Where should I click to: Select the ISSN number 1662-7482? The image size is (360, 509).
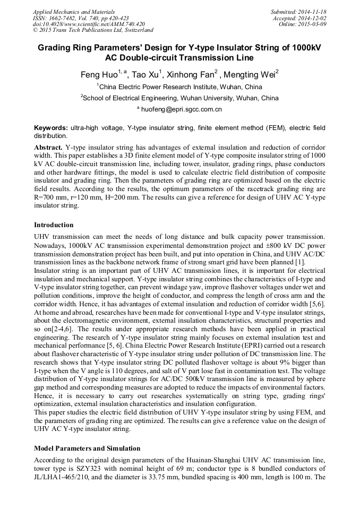point(65,18)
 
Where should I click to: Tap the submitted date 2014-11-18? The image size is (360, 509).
point(312,12)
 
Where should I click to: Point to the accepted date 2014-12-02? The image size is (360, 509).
point(313,18)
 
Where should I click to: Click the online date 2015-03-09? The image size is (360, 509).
point(313,24)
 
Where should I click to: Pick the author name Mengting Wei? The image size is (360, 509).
point(254,75)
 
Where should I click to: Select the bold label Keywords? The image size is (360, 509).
point(51,128)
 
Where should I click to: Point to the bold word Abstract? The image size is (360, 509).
point(48,146)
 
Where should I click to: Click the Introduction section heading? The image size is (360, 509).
point(55,225)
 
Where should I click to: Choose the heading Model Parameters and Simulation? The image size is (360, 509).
point(87,448)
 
